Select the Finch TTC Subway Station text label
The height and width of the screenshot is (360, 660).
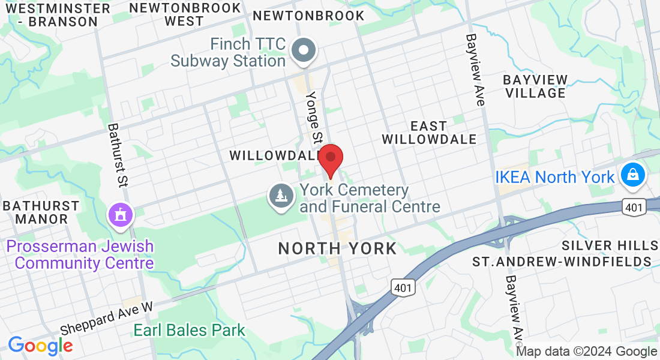(x=228, y=52)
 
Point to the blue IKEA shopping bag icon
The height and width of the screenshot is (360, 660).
(x=633, y=176)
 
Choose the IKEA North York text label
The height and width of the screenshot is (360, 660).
(x=555, y=177)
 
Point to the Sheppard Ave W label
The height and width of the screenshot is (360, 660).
(x=107, y=319)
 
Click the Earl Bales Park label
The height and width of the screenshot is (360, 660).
(x=190, y=330)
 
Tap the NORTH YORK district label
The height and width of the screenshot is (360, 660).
(x=337, y=248)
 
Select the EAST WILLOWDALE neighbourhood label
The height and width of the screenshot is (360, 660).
(x=429, y=133)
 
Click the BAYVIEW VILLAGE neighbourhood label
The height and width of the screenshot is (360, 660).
(x=535, y=86)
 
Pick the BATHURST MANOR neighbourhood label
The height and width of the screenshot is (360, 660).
(x=41, y=212)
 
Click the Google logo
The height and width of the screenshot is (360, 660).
(x=40, y=345)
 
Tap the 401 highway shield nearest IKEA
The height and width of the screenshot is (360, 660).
(x=635, y=208)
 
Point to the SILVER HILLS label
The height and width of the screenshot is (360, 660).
(x=610, y=245)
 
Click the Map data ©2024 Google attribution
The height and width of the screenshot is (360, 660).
(x=586, y=352)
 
